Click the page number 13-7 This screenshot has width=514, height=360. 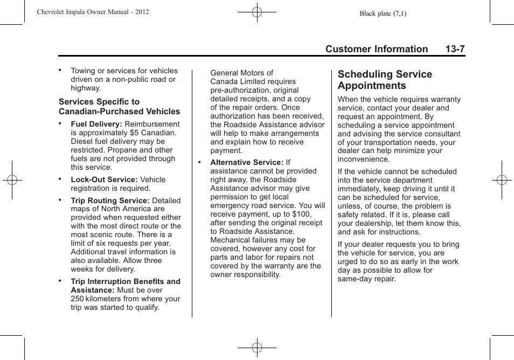455,49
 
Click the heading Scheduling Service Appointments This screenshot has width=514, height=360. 385,80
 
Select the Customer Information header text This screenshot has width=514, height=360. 376,49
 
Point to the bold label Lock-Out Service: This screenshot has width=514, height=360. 104,179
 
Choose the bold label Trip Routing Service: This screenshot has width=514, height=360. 110,200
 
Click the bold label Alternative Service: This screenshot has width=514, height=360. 246,162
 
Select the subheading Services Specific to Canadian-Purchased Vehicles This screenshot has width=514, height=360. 119,107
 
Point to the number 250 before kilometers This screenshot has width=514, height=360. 77,299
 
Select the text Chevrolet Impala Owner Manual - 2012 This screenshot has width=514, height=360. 93,12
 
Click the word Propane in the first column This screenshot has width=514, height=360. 123,150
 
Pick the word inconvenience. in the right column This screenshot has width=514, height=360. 364,160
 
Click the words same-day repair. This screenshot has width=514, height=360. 366,279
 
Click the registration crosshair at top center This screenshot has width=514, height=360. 257,11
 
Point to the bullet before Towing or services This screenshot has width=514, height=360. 60,70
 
